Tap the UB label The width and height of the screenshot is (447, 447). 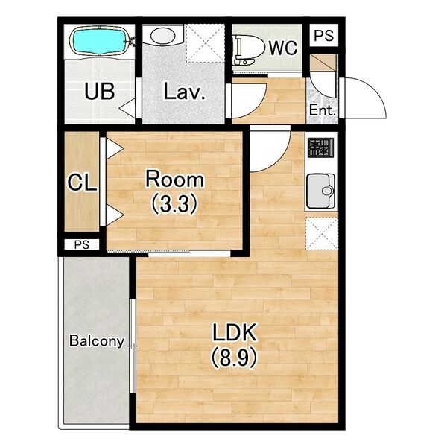tap(100, 91)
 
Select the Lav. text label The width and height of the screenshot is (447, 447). tap(184, 91)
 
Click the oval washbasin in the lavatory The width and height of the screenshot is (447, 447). tap(162, 36)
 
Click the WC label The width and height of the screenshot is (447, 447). tap(283, 48)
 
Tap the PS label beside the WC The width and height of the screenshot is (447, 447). tap(323, 35)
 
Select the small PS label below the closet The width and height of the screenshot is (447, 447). tap(82, 244)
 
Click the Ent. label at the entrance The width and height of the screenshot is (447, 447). tap(322, 110)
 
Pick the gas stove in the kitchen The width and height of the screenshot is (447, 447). tap(320, 148)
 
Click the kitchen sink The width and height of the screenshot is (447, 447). tap(320, 191)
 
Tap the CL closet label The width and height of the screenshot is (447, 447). tap(82, 183)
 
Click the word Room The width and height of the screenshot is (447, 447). tap(175, 180)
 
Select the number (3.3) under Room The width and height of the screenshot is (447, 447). tap(174, 204)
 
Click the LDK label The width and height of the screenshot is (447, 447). tap(235, 332)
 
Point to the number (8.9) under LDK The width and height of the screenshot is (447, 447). tap(234, 357)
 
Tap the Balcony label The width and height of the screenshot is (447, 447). tap(97, 341)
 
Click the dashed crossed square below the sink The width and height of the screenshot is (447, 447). tap(322, 234)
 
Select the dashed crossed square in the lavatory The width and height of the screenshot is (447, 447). tap(206, 43)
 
